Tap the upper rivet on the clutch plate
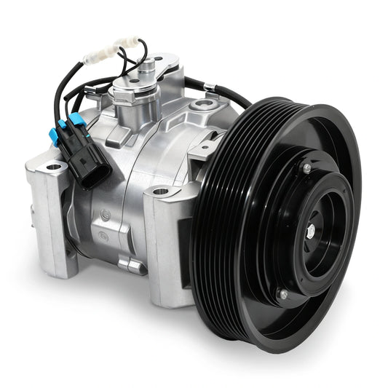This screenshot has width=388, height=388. pyautogui.click(x=307, y=168)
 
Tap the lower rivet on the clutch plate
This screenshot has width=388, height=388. pyautogui.click(x=282, y=294)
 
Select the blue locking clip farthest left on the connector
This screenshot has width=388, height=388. pyautogui.click(x=54, y=135)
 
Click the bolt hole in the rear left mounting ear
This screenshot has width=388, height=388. pyautogui.click(x=53, y=167)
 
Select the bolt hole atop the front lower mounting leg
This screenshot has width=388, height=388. pyautogui.click(x=161, y=191)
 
